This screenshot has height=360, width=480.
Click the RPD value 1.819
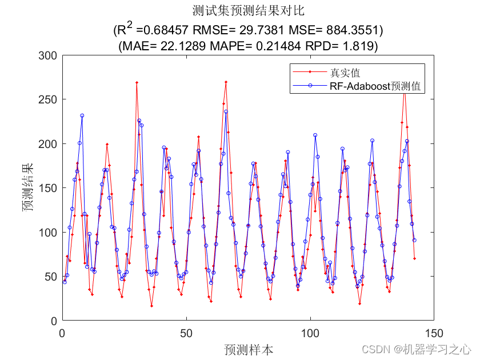point(362,46)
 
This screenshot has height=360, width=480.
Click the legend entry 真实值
point(345,73)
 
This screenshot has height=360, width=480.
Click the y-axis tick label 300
point(48,55)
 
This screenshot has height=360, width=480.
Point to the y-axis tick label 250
point(48,99)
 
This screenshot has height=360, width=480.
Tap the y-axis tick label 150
point(48,188)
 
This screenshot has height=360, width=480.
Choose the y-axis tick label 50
point(51,277)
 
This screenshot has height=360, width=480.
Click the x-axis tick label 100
point(310,332)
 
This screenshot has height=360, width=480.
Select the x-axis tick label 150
point(434,332)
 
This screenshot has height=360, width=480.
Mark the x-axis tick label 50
point(186,332)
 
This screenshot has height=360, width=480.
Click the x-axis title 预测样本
point(248,349)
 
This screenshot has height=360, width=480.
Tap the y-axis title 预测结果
point(27,188)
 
